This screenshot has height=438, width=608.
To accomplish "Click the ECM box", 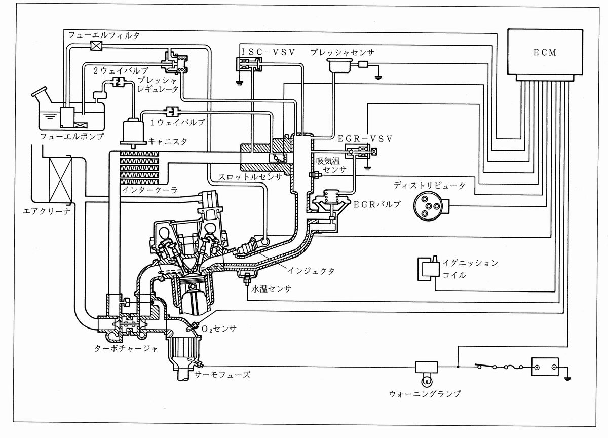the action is click(545, 52).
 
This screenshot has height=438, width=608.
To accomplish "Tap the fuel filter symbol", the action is click(96, 46).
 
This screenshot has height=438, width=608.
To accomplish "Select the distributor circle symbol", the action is click(428, 207).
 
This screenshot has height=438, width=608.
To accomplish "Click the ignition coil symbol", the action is click(429, 268).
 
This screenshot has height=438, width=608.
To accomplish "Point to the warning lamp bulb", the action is click(427, 381).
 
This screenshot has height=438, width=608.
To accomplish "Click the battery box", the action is click(545, 367).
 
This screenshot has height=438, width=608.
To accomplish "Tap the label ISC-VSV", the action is click(268, 52).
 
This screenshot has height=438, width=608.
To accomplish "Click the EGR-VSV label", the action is click(365, 139).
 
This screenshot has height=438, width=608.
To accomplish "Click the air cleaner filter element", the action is click(60, 180).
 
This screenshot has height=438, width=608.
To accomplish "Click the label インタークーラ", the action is click(150, 190).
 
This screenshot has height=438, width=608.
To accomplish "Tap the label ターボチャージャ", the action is click(126, 348).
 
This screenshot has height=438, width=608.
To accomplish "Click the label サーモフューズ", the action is click(222, 375).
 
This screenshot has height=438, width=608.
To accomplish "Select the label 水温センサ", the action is click(272, 288).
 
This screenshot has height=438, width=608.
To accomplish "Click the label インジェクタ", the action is click(311, 271).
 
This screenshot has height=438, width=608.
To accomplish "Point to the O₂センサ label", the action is click(219, 329).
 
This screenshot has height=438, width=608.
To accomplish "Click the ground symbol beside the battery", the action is click(567, 378).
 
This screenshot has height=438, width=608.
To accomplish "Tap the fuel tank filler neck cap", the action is click(40, 92).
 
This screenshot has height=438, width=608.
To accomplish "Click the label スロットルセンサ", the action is click(250, 177).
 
